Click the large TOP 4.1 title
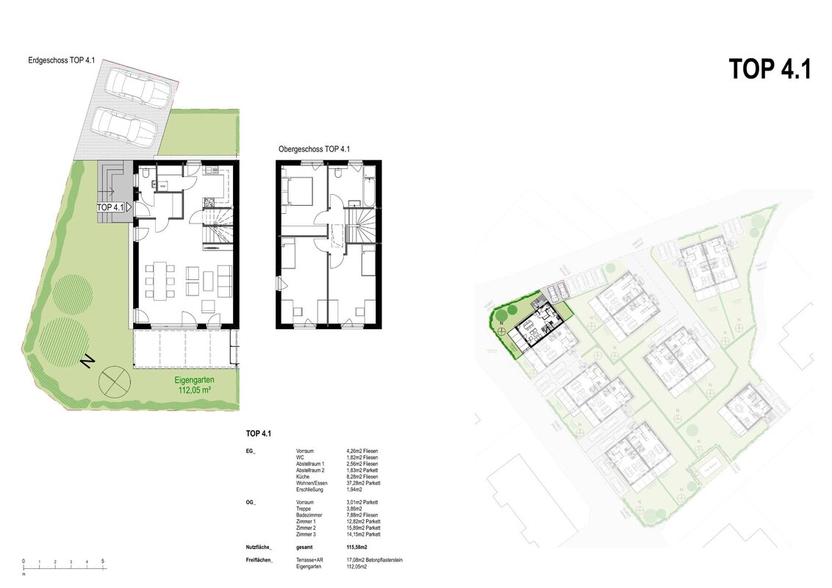coord(770,69)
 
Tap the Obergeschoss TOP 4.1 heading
coord(314,149)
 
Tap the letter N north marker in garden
coord(87,361)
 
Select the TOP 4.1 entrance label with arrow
coord(113,208)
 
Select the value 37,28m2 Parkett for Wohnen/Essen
coord(363,483)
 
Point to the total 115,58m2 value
coord(356,548)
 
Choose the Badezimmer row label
coord(309,515)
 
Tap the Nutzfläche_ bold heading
coord(259,548)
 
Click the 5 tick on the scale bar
coord(103,562)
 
